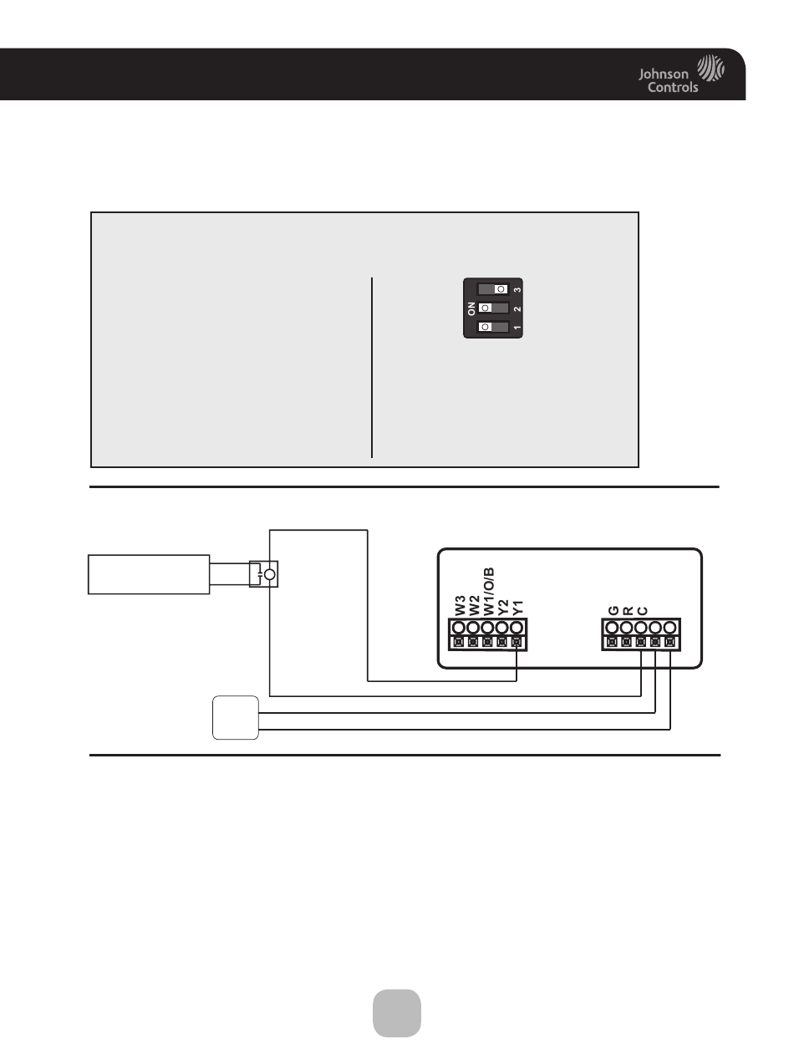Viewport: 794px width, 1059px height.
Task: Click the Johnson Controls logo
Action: click(681, 73)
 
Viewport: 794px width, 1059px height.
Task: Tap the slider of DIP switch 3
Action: click(500, 288)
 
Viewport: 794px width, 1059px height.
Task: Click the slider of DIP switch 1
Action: click(486, 327)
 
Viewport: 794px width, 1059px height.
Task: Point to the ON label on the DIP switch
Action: click(471, 308)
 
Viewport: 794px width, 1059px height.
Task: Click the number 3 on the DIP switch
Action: click(517, 289)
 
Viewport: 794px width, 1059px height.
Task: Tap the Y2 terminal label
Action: click(503, 608)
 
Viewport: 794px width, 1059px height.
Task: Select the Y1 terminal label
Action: click(517, 608)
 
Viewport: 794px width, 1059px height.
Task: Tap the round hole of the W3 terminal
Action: click(459, 628)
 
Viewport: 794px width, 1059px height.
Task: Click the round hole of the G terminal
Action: click(612, 628)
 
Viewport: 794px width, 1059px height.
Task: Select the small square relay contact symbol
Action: click(264, 574)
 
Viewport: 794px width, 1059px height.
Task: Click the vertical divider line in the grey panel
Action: click(372, 368)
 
